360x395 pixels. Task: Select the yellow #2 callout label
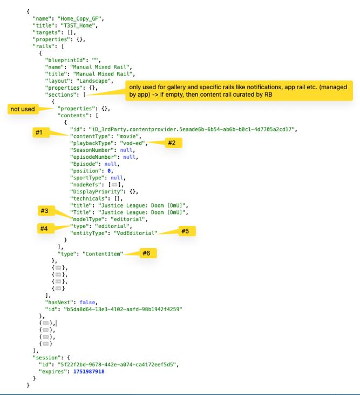click(165, 143)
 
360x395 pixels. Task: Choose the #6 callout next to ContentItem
click(145, 252)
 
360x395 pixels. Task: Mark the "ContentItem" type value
click(103, 253)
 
